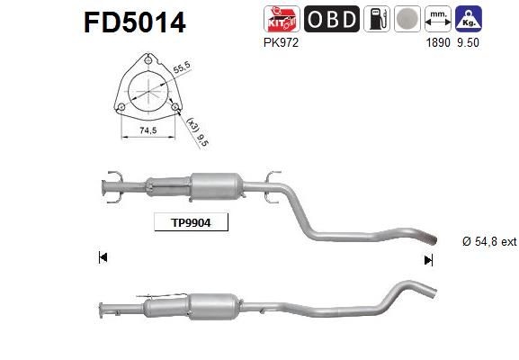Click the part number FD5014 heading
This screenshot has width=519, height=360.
[x=134, y=22]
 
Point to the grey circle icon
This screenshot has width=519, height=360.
[x=407, y=19]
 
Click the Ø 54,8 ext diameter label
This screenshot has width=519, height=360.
[x=478, y=242]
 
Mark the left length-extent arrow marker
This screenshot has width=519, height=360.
[x=103, y=258]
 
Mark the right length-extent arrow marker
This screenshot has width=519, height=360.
[x=428, y=259]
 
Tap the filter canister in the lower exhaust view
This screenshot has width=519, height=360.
[x=215, y=305]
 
